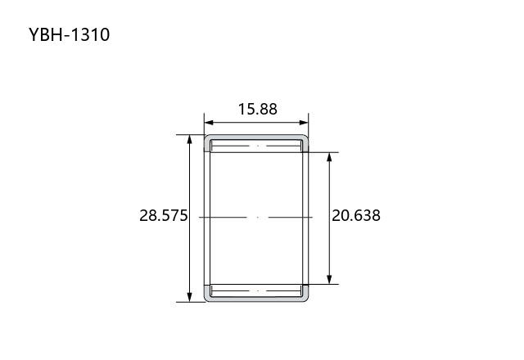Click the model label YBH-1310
point(69,34)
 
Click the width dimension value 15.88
point(257,109)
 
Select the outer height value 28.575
point(164,215)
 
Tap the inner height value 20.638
point(356,215)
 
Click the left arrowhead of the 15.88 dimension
point(209,123)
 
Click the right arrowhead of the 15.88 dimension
point(304,123)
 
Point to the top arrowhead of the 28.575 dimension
point(189,139)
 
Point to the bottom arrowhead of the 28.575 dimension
point(189,297)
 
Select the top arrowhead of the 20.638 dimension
point(329,157)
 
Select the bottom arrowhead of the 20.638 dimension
point(329,280)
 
